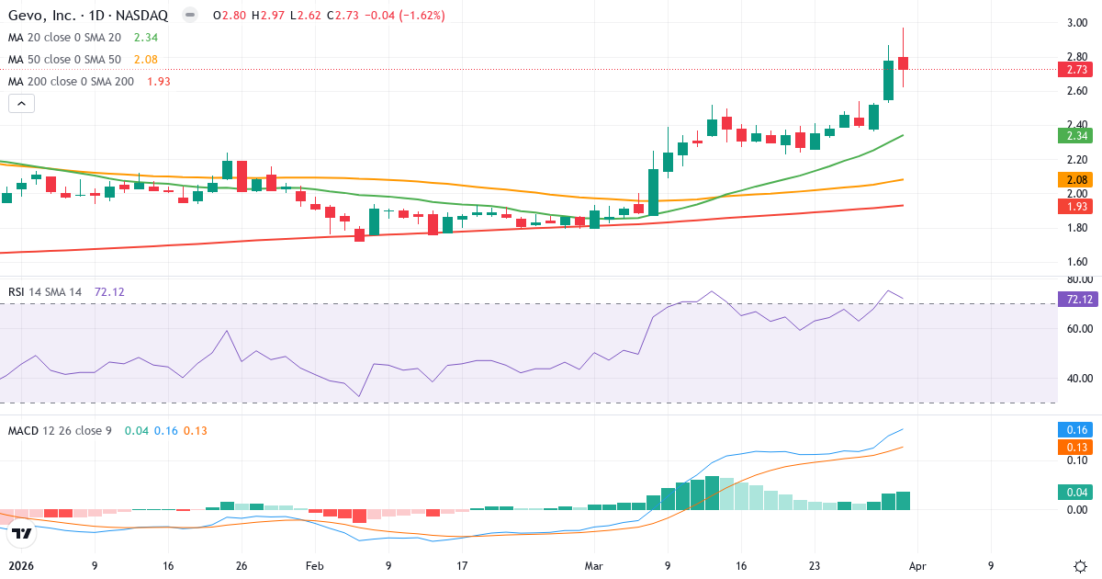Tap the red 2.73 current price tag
click(1074, 70)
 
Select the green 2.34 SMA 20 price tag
click(1074, 136)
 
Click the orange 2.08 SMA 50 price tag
click(1074, 179)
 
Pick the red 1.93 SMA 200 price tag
click(1074, 205)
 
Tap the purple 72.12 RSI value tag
click(1074, 299)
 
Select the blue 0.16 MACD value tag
click(1074, 429)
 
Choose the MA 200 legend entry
click(72, 81)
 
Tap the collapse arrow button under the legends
click(21, 104)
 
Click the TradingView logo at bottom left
click(23, 532)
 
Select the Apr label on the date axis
click(917, 566)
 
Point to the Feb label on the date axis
click(315, 566)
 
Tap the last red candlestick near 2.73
click(904, 62)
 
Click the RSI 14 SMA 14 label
click(45, 291)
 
